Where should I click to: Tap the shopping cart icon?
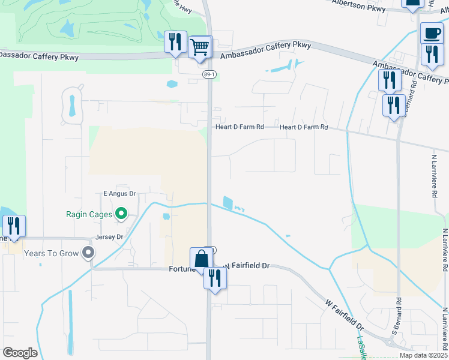point(199,47)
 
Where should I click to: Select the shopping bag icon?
point(202,259)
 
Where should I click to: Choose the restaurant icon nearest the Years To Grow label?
point(14,226)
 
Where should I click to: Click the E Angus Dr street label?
point(121,194)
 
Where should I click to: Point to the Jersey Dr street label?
point(109,237)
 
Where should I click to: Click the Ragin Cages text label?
point(89,213)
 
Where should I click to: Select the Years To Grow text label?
point(51,253)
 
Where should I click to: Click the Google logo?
point(20,353)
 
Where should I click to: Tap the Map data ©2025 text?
point(424,355)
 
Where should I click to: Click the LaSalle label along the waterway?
point(361,347)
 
